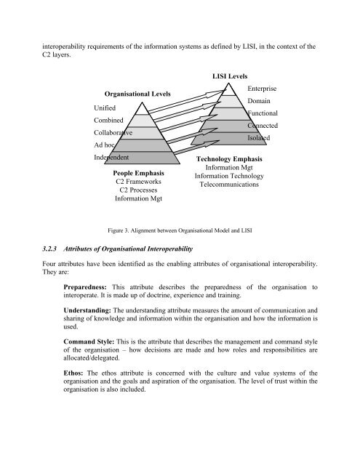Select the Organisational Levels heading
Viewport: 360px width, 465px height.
click(138, 93)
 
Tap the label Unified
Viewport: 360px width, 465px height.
click(105, 106)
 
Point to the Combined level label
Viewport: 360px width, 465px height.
click(108, 119)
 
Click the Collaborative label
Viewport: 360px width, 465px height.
click(114, 132)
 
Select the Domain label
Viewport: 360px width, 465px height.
click(259, 100)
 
